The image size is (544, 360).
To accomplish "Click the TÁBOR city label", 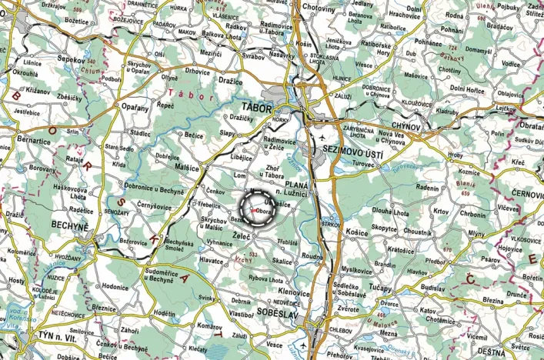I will point(256,108).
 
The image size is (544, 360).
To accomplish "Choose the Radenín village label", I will point(427,187).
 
